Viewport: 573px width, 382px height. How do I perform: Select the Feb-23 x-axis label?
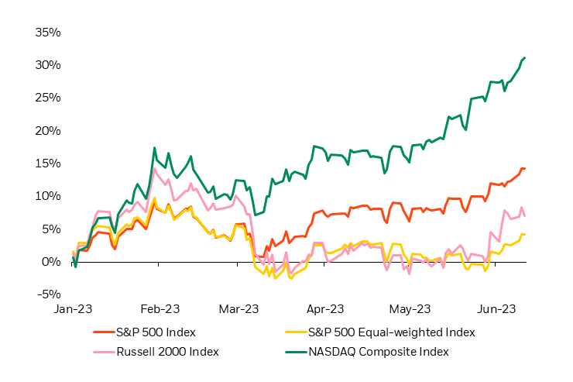[x=158, y=308]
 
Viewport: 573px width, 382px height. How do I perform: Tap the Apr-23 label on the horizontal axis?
[x=326, y=308]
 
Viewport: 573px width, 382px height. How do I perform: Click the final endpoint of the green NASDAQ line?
[x=525, y=58]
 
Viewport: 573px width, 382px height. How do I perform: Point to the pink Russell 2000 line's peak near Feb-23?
[x=155, y=168]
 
